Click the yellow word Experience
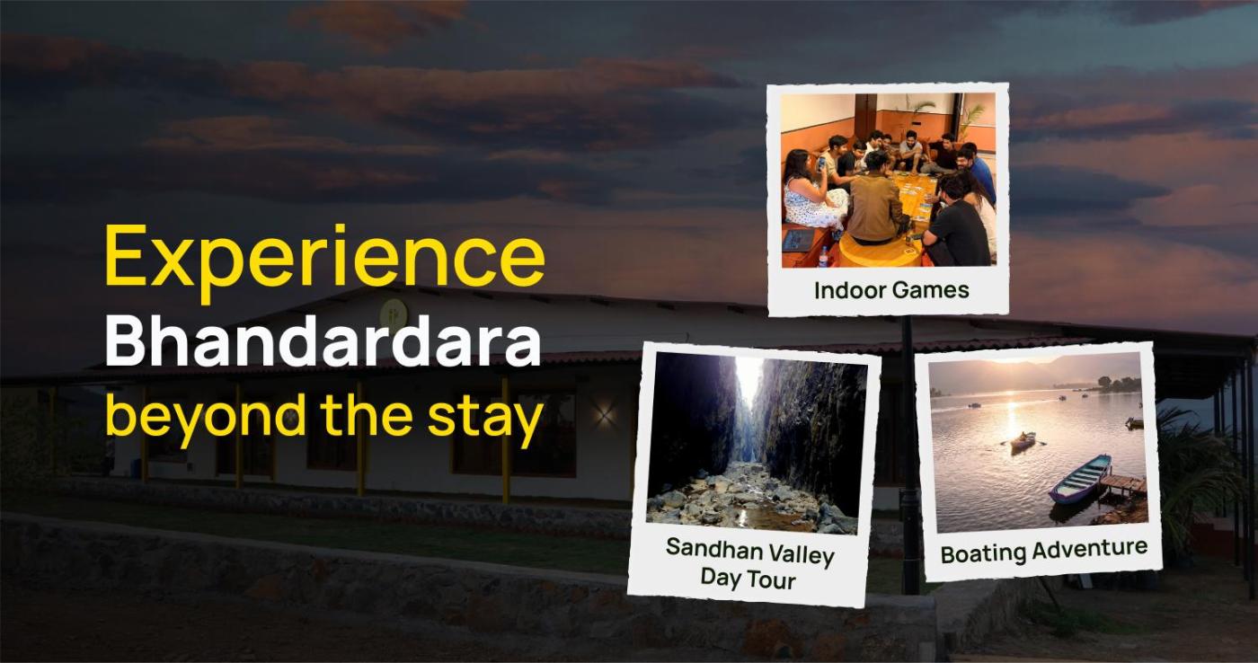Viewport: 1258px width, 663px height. click(x=324, y=261)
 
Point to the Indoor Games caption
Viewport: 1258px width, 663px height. click(x=891, y=290)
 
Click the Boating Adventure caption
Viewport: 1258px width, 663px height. click(x=1044, y=552)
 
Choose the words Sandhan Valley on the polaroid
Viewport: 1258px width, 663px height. click(x=750, y=551)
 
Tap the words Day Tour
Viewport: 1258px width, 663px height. click(x=748, y=579)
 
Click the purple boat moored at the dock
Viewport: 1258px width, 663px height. click(x=1079, y=479)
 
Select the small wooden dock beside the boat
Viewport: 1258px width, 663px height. click(x=1122, y=483)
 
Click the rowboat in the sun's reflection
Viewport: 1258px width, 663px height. click(x=1023, y=442)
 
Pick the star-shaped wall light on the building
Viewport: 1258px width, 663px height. click(x=604, y=415)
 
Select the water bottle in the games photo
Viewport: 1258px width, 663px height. click(x=823, y=256)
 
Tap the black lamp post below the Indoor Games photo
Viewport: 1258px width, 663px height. click(x=909, y=455)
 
